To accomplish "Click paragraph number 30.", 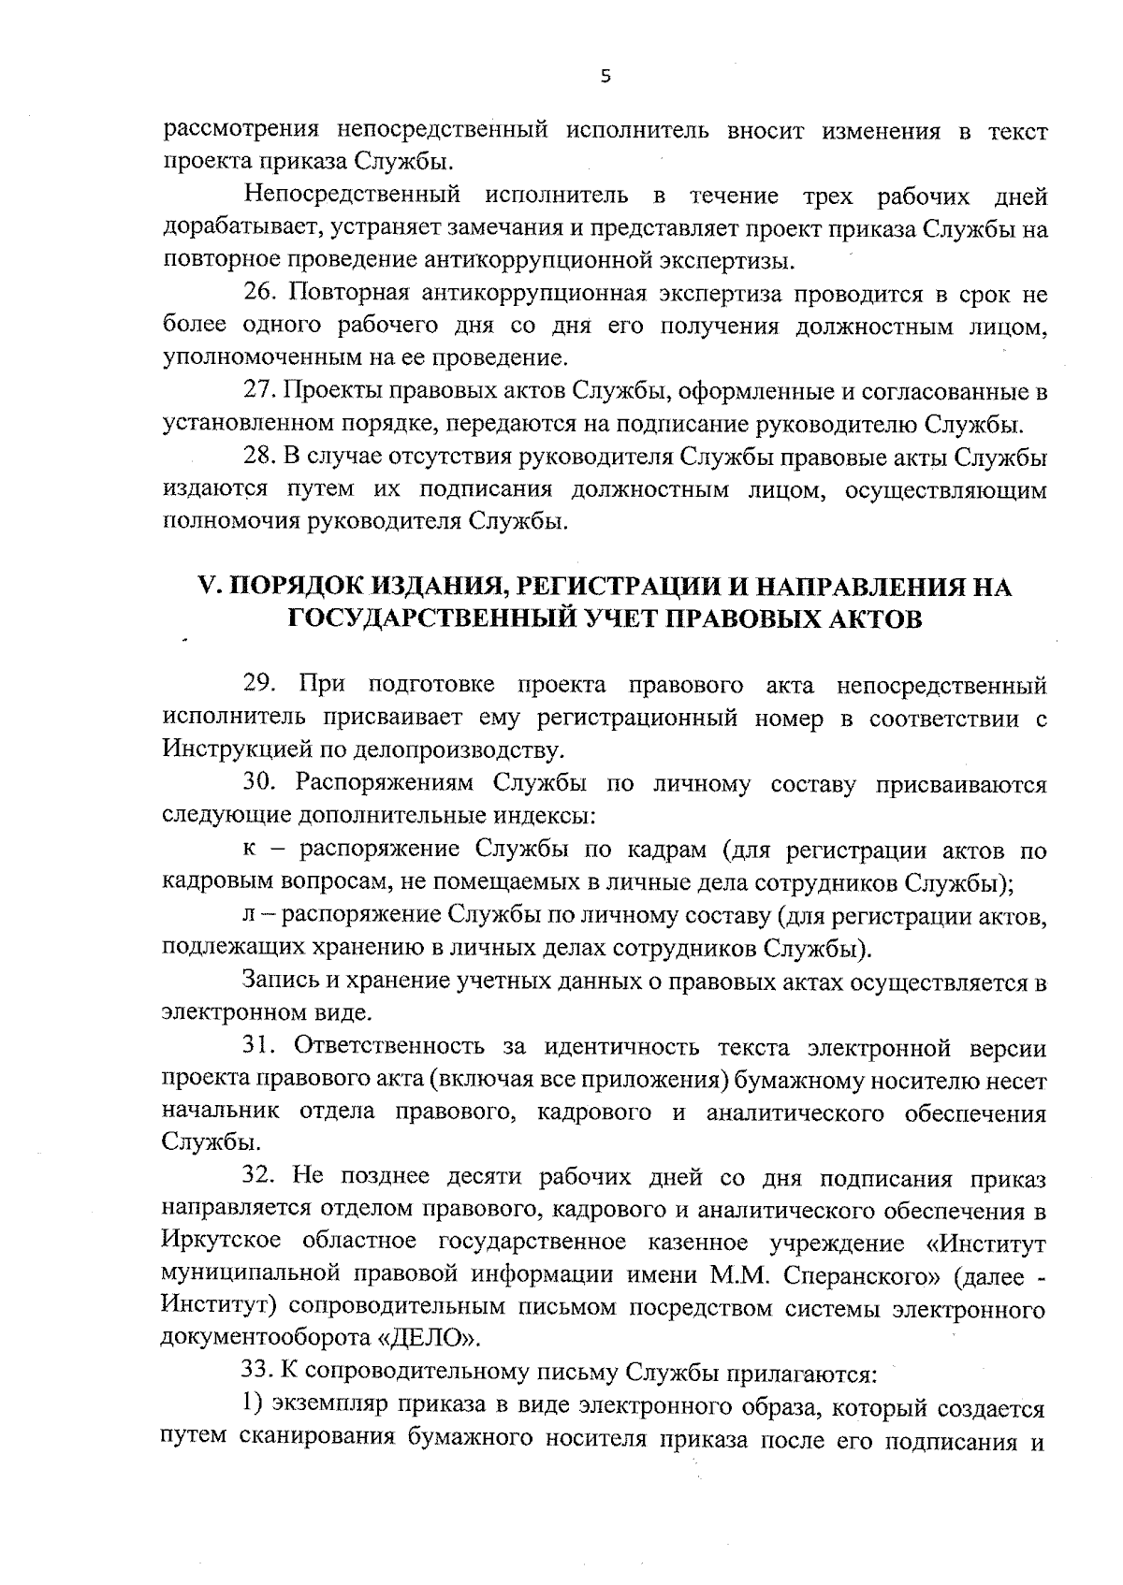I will [x=261, y=782].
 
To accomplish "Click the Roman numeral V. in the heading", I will [x=208, y=587].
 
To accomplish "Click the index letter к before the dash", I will [x=249, y=850].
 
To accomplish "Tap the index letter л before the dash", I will [x=249, y=915].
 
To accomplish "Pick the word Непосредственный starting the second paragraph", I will [x=352, y=196].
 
